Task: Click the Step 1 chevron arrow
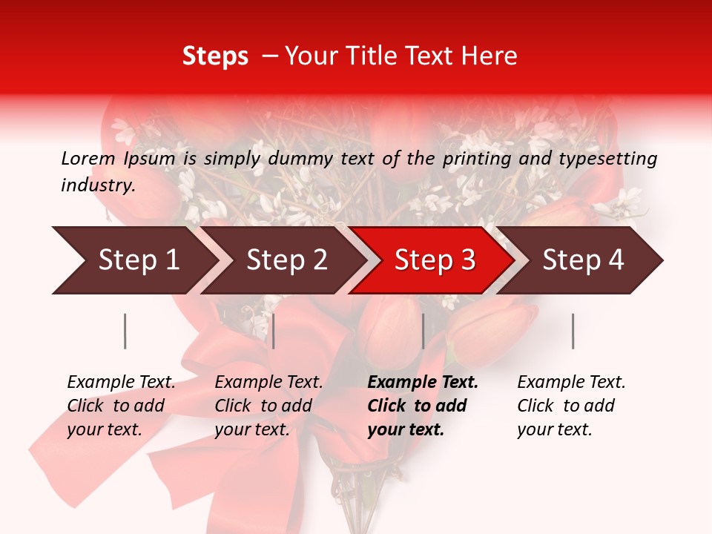pos(133,260)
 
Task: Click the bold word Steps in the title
pos(215,56)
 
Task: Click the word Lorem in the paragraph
pos(88,158)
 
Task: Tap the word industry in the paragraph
pos(98,185)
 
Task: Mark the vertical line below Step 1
pos(125,331)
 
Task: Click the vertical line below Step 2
pos(274,331)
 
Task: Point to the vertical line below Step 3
pos(423,331)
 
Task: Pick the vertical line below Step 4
pos(573,331)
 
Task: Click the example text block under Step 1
pos(121,406)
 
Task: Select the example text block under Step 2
pos(268,406)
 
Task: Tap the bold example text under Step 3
pos(423,406)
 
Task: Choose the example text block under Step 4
pos(571,406)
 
